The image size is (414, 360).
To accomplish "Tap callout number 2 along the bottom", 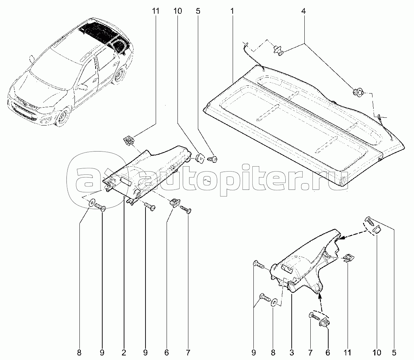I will [x=124, y=352].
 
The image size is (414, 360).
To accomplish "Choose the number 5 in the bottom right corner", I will [x=394, y=352].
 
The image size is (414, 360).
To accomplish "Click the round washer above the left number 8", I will [x=92, y=202].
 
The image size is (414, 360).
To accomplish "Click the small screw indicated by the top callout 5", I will [x=213, y=160].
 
